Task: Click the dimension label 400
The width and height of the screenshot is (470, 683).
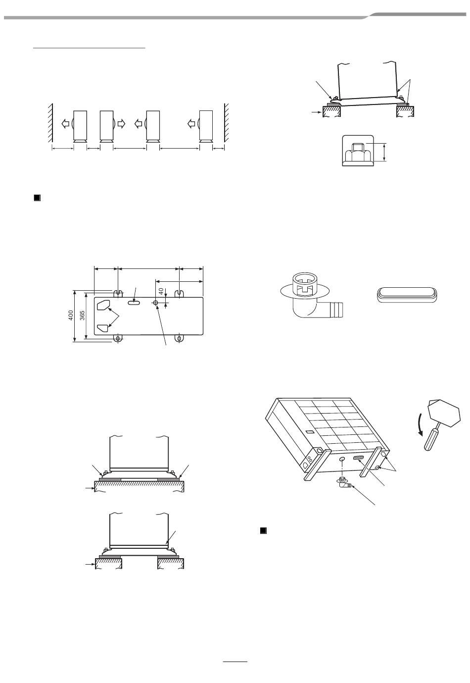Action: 71,315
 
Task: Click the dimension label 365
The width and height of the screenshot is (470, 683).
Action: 82,315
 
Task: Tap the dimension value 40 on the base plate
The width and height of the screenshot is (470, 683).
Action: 161,291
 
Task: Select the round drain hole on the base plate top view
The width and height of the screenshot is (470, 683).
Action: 156,303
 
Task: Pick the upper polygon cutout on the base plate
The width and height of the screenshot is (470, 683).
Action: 103,305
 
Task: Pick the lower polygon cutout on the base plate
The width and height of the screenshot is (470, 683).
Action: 103,328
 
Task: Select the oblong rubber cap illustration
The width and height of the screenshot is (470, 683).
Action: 407,295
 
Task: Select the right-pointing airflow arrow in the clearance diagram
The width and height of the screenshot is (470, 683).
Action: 122,123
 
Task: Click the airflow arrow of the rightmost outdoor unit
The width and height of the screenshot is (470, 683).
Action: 191,123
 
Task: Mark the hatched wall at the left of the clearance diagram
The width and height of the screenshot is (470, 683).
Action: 50,123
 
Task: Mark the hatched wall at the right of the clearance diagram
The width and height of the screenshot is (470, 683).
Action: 226,123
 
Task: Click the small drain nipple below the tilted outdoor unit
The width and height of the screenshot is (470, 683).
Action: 344,483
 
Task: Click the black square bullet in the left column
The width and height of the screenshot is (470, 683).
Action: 37,198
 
